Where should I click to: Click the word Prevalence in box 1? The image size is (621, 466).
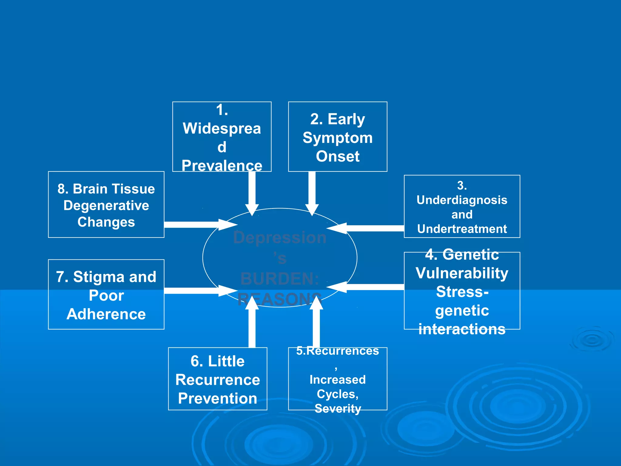[222, 166]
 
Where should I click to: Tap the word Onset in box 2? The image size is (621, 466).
[337, 156]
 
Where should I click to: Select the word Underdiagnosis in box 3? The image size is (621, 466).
[462, 200]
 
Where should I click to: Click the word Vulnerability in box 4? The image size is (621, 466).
[462, 273]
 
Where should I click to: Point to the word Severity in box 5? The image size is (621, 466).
[338, 408]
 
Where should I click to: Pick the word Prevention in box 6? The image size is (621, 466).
[217, 398]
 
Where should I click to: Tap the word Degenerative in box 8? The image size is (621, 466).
[106, 205]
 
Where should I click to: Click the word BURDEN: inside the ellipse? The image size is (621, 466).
[280, 279]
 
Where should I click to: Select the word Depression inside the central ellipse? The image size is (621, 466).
[280, 237]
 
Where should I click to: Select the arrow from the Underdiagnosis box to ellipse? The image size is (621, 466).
[367, 228]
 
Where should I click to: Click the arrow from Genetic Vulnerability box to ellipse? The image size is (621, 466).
[367, 287]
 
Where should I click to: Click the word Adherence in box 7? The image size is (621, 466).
[106, 314]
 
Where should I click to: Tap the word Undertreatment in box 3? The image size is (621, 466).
[462, 229]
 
